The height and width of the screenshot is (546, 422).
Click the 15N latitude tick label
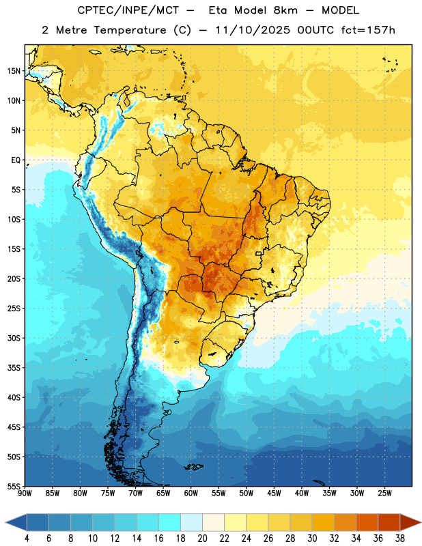(x=14, y=71)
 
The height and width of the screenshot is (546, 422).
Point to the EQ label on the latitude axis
(x=16, y=160)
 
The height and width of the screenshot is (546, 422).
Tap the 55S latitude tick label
(x=14, y=486)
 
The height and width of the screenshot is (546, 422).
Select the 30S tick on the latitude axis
(x=14, y=338)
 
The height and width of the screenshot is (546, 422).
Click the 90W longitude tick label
(x=25, y=493)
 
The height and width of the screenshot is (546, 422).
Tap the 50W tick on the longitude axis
(x=247, y=493)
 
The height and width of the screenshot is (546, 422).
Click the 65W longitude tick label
(x=163, y=493)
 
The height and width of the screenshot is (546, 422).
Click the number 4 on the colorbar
(x=27, y=538)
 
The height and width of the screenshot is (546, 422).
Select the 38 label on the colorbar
(x=400, y=538)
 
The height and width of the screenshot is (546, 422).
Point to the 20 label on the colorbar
(x=202, y=538)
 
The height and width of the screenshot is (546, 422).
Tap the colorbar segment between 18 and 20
(x=192, y=522)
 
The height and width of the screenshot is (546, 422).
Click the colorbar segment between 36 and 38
(x=389, y=522)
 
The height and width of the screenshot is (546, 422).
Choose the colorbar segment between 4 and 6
(x=38, y=522)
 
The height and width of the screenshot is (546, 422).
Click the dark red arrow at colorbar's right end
(x=410, y=522)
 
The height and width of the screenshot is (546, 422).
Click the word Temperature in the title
(x=130, y=30)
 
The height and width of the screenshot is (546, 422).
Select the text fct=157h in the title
(x=368, y=30)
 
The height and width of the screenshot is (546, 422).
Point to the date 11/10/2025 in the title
(x=253, y=30)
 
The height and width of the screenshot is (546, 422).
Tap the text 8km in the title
(x=285, y=10)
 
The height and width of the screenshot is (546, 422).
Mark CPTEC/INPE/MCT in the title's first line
(x=128, y=10)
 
